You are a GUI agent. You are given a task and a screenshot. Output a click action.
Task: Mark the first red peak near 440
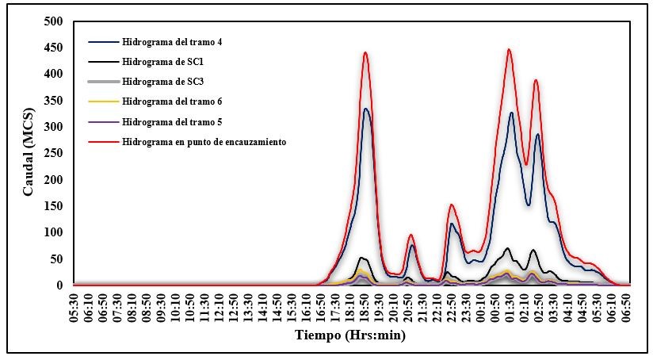[x=365, y=53]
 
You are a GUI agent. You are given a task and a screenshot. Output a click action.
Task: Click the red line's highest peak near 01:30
[x=509, y=50]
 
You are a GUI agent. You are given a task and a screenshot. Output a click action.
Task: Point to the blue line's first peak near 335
[x=365, y=109]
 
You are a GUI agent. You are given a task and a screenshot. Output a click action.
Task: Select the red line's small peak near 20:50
[x=411, y=235]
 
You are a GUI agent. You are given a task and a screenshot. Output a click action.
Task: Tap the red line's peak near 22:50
[x=451, y=205]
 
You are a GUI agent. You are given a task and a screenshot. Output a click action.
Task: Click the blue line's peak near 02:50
[x=537, y=134]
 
